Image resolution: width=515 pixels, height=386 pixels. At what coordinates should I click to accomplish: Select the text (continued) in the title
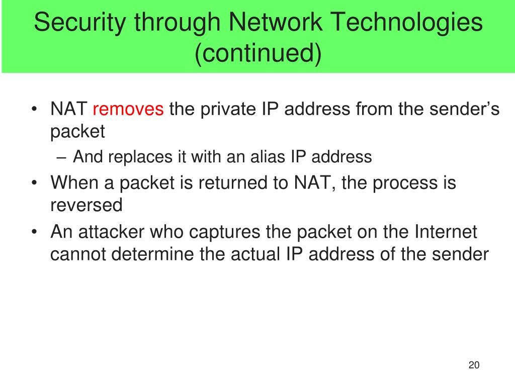point(257,54)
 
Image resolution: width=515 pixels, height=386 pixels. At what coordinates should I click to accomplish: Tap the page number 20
point(473,365)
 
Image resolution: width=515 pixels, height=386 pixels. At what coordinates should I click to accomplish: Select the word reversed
point(87,205)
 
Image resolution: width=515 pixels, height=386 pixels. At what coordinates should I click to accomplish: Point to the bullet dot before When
point(34,182)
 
